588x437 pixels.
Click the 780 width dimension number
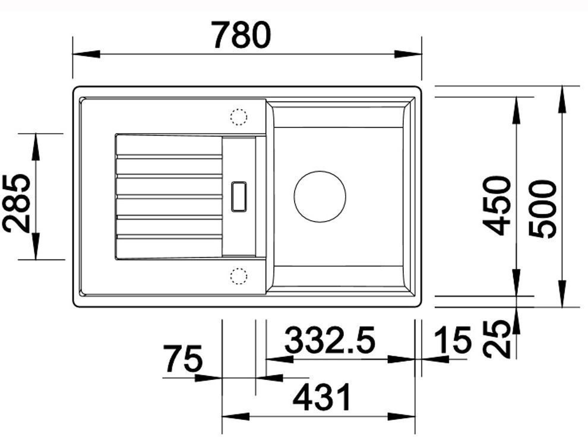click(x=241, y=35)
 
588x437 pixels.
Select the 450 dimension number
click(x=497, y=206)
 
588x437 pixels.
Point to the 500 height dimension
click(x=542, y=208)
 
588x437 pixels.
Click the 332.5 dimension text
click(x=330, y=340)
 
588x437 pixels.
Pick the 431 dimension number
click(x=322, y=397)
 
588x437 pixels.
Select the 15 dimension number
click(x=451, y=340)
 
